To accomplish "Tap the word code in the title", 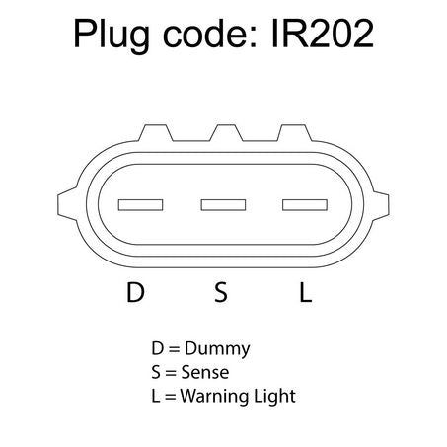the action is pyautogui.click(x=209, y=34).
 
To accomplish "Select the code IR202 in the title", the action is pyautogui.click(x=323, y=34).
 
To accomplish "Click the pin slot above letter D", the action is pyautogui.click(x=140, y=205).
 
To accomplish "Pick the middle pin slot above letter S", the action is pyautogui.click(x=223, y=205).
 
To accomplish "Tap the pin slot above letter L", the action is pyautogui.click(x=305, y=205).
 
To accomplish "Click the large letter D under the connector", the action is pyautogui.click(x=135, y=292).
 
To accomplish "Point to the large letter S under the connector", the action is pyautogui.click(x=221, y=292).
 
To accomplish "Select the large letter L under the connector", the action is pyautogui.click(x=306, y=292).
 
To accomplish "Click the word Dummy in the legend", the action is pyautogui.click(x=217, y=349).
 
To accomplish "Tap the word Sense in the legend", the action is pyautogui.click(x=205, y=372).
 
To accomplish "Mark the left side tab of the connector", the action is pyautogui.click(x=67, y=204).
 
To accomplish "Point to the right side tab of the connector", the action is pyautogui.click(x=380, y=204).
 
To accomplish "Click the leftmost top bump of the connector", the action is pyautogui.click(x=156, y=133).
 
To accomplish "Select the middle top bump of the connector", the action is pyautogui.click(x=226, y=133).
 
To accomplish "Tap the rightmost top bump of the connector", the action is pyautogui.click(x=295, y=133).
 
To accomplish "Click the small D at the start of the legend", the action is pyautogui.click(x=158, y=348).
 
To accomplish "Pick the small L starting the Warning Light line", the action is pyautogui.click(x=156, y=396).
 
